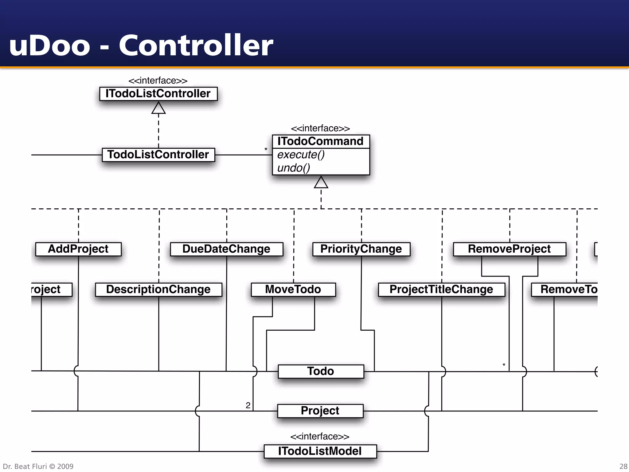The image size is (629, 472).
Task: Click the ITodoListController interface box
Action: (158, 94)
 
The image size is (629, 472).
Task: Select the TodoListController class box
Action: (158, 155)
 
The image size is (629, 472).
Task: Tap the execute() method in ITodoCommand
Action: (301, 155)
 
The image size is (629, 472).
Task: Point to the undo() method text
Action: (294, 168)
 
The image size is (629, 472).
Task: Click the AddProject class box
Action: (78, 249)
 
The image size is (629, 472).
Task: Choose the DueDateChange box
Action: (226, 249)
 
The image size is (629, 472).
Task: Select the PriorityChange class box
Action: (361, 249)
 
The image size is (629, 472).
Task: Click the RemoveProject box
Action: (509, 249)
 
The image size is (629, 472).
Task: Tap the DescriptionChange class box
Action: (158, 289)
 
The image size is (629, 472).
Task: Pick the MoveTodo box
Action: (293, 289)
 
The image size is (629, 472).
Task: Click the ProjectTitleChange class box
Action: (441, 289)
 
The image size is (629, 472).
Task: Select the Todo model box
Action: (321, 371)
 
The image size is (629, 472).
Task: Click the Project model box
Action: (320, 411)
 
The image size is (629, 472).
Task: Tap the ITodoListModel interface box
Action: (320, 451)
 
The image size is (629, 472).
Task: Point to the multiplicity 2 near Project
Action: (248, 405)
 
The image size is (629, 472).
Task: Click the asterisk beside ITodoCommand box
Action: (266, 150)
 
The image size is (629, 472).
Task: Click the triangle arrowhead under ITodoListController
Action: (158, 108)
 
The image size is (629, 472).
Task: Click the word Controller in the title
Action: (196, 45)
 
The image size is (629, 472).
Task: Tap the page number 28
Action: (623, 466)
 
